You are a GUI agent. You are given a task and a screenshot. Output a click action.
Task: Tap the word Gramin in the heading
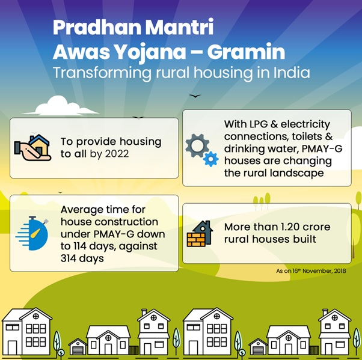246,52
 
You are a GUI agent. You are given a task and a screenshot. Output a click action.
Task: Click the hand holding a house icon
32,147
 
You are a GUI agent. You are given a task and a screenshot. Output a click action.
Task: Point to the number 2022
117,154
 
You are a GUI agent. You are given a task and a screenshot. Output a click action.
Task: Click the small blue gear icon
211,159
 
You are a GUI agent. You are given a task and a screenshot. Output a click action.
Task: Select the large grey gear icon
197,145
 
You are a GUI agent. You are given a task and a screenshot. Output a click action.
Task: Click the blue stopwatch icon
32,233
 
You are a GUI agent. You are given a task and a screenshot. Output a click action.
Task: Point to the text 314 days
82,258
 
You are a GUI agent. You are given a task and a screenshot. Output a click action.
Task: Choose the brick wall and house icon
200,234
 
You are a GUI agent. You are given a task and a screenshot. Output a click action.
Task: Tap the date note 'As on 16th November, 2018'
311,270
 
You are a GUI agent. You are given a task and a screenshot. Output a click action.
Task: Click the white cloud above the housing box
61,106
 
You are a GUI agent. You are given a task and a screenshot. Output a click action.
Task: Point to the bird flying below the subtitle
195,96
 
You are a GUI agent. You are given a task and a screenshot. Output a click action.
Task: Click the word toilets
307,136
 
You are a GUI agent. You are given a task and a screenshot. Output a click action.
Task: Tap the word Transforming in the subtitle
102,73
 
